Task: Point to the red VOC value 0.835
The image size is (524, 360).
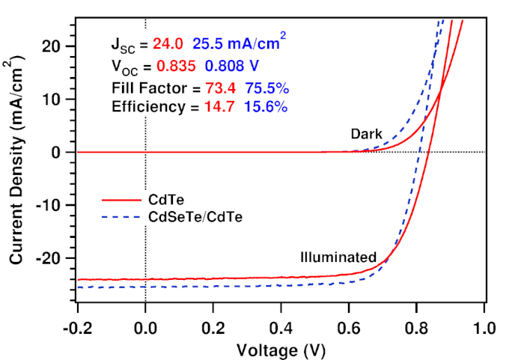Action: coord(177,66)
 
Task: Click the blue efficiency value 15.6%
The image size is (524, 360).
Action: coord(263,107)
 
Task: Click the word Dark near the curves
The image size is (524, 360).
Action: coord(365,134)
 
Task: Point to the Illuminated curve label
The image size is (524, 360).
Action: coord(338,257)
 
